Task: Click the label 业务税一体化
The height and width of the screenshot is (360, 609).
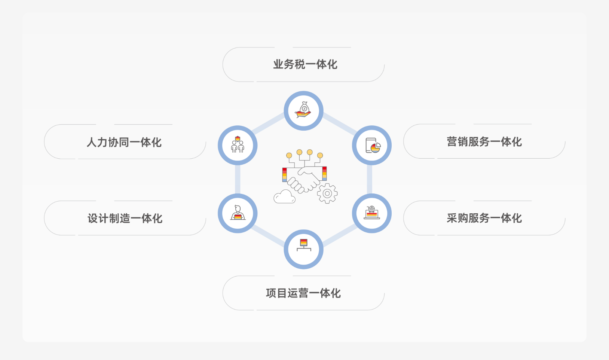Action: (x=305, y=64)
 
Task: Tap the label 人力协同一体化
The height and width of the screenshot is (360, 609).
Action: (x=124, y=142)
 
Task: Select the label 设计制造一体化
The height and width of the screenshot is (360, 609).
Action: (x=125, y=218)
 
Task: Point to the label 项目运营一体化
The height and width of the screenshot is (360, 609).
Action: (x=303, y=293)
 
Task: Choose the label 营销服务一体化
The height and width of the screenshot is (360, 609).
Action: (x=484, y=142)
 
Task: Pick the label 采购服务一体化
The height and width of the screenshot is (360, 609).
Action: (x=484, y=218)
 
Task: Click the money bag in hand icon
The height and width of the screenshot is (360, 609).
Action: (x=303, y=111)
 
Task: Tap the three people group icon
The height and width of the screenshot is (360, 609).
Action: (x=238, y=145)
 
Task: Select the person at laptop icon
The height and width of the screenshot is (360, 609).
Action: (x=238, y=213)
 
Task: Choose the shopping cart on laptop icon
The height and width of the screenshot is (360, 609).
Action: (x=371, y=213)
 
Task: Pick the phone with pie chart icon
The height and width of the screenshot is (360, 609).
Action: (x=372, y=146)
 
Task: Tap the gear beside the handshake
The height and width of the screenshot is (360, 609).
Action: (x=327, y=193)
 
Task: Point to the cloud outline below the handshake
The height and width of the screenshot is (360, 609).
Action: (x=284, y=197)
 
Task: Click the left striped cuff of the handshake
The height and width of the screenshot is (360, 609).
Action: (x=285, y=175)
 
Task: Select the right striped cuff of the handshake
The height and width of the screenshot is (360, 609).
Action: (x=324, y=174)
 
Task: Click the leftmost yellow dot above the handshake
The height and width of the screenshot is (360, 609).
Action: (x=289, y=155)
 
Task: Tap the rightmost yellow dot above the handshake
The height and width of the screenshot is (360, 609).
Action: (x=320, y=155)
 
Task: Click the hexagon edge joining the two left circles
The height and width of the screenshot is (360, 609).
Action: (x=238, y=179)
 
